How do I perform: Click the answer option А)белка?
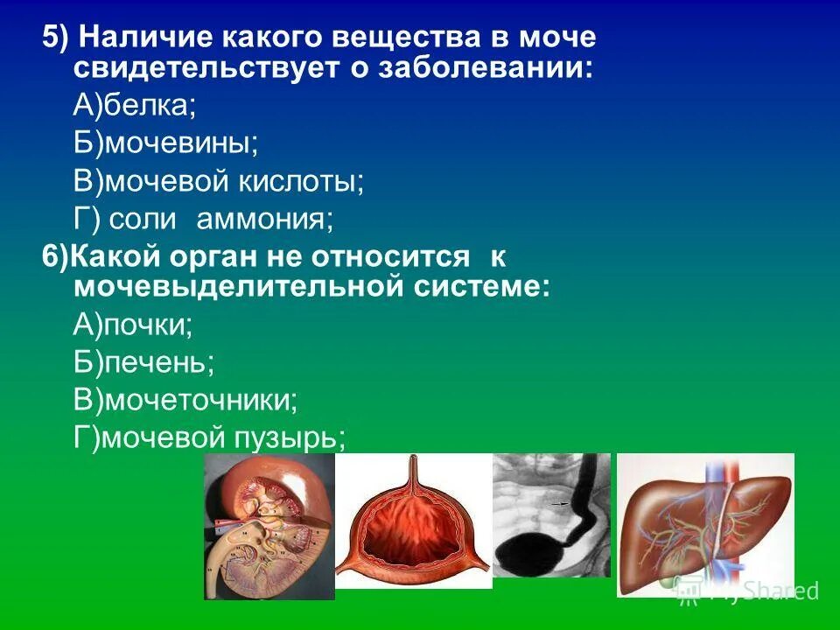(x=135, y=105)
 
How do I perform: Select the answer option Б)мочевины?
(x=165, y=143)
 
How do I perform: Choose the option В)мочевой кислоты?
(x=218, y=181)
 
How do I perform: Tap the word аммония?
(x=264, y=219)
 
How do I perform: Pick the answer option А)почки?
(x=133, y=325)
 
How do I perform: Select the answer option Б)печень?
(x=144, y=362)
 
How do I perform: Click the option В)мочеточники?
(x=185, y=400)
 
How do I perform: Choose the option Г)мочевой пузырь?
(x=209, y=437)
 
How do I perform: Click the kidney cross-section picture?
(x=269, y=527)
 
